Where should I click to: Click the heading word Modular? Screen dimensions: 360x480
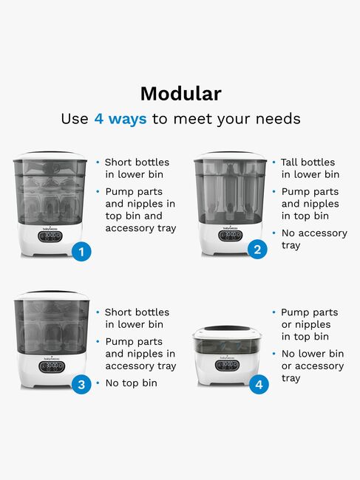coord(181,94)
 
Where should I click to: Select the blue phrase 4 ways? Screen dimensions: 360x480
coord(120,119)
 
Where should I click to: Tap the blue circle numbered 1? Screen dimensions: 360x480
coord(81,252)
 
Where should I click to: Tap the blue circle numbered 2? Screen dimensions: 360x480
coord(257,250)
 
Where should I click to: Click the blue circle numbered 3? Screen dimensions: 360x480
coord(81,385)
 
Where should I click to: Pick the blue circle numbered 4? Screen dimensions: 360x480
coord(259,385)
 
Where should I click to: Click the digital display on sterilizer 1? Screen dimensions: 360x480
coord(50,236)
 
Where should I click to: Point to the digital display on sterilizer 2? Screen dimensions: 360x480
coord(231,235)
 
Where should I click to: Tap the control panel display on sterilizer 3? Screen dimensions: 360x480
coord(52,367)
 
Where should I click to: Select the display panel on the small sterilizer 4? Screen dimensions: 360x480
coord(228,366)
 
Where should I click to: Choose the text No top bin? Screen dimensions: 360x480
coord(131,383)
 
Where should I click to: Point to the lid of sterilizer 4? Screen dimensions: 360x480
coord(227,332)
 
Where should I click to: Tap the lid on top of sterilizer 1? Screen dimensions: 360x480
coord(50,155)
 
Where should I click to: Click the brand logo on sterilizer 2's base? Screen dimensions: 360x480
coord(231,228)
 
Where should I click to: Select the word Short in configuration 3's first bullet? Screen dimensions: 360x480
coord(118,312)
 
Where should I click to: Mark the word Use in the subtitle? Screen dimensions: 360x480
coord(75,119)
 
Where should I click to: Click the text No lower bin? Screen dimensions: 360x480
coord(313,354)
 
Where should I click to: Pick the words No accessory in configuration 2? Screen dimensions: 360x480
coord(314,233)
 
